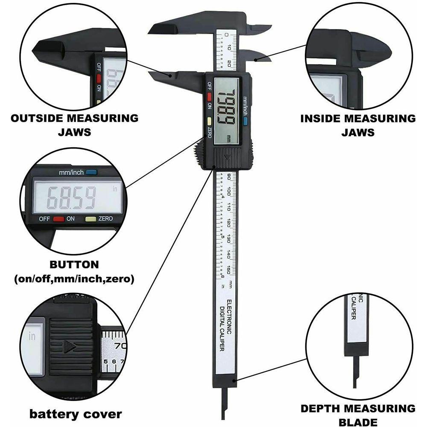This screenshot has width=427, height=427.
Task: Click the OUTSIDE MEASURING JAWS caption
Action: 74,125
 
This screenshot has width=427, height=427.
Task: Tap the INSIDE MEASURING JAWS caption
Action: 358,125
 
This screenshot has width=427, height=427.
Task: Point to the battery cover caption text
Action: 76,413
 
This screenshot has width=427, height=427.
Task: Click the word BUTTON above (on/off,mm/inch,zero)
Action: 74,264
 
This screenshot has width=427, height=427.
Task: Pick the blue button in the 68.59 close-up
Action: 91,173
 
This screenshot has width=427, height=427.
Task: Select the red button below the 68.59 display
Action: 58,219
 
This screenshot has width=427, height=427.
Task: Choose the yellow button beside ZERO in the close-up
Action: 91,219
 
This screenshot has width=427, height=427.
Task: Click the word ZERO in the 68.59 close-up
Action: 105,219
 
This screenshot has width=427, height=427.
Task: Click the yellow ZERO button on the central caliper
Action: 209,120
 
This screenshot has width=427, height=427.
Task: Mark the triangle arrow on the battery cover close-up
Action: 69,346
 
